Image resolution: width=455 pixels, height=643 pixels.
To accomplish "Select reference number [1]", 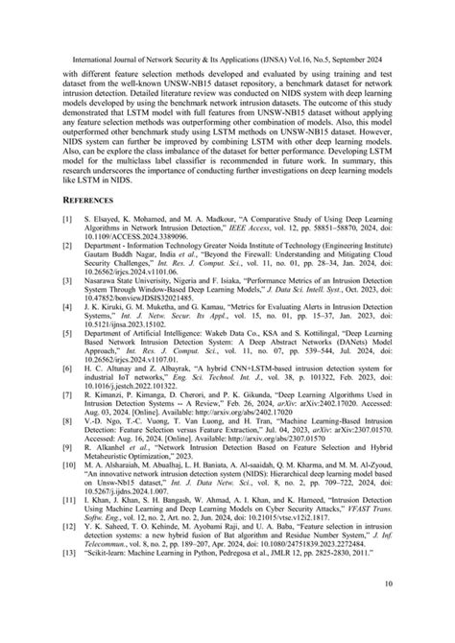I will tap(68, 248).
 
